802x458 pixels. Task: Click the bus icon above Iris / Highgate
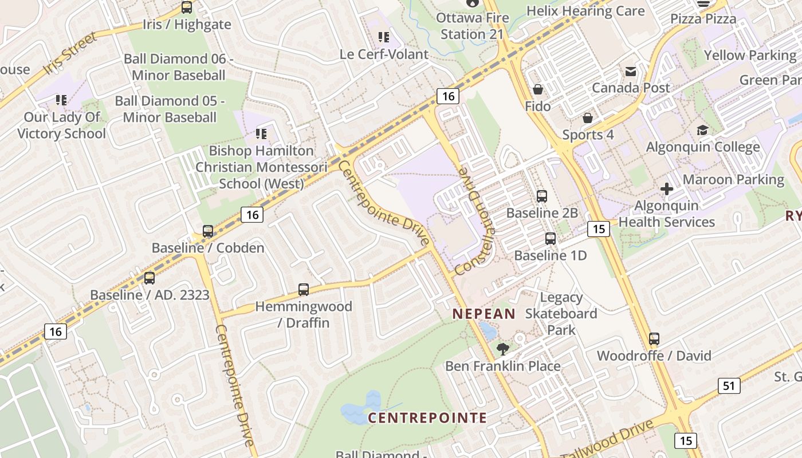point(187,7)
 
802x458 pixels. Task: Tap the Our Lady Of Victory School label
point(61,125)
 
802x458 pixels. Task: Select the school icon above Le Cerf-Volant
point(383,38)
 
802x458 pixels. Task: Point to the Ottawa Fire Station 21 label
point(473,26)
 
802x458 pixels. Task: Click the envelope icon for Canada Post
point(631,72)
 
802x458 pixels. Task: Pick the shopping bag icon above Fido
point(538,89)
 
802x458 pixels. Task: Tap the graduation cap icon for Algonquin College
point(702,131)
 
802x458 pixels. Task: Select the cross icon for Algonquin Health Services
point(667,189)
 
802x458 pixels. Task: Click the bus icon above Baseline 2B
point(542,196)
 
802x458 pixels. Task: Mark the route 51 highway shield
point(729,386)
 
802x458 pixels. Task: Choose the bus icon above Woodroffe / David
point(654,339)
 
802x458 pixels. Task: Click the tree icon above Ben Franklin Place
point(503,349)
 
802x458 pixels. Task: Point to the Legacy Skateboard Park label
point(561,314)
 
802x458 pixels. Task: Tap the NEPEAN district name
point(484,314)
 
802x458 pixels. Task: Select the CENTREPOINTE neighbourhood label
point(427,418)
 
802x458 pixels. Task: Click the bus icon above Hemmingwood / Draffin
point(304,290)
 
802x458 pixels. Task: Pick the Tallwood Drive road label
point(608,440)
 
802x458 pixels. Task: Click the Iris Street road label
point(70,54)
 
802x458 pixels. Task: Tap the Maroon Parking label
point(733,180)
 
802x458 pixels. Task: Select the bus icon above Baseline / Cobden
point(208,231)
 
